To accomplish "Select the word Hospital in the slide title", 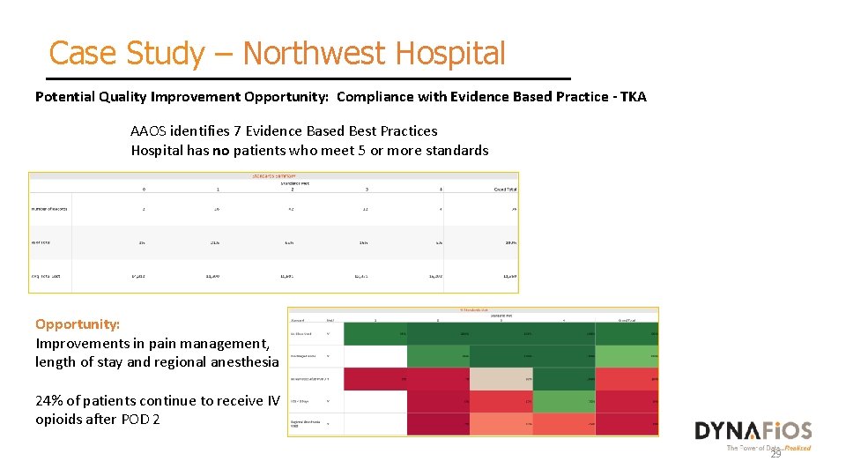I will tap(450, 54).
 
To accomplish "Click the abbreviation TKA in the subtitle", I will tap(633, 97).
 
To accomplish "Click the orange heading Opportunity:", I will tap(78, 324).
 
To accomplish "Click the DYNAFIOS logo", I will tap(753, 431).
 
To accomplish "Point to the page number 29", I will tap(775, 454).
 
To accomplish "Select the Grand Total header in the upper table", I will tap(505, 190).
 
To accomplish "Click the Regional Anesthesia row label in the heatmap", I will tap(306, 424).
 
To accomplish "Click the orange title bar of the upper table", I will tap(274, 176).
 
